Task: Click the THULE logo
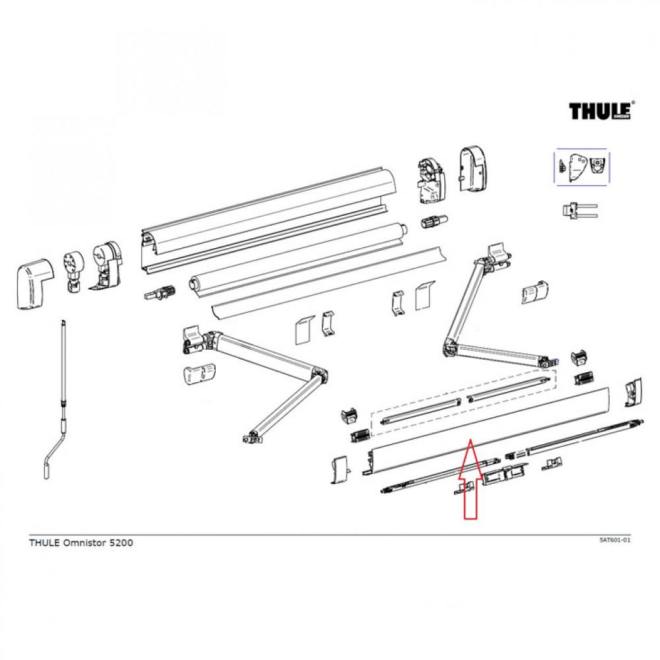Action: click(601, 110)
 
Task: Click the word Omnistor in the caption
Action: click(82, 543)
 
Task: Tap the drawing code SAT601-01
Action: click(614, 540)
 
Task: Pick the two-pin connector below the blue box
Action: click(578, 211)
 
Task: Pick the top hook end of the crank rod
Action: click(63, 324)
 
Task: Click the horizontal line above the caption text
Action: click(330, 535)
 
